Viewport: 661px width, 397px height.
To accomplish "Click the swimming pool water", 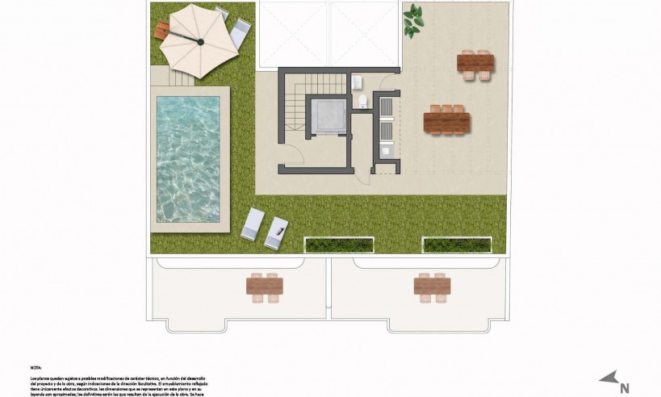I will (x=189, y=158).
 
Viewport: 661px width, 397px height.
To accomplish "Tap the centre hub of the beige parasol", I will (x=196, y=38).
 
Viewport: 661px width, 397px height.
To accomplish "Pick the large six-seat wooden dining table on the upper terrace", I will (x=446, y=122).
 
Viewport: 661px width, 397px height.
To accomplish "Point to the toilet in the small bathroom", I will (x=364, y=101).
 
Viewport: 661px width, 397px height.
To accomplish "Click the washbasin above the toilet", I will (x=358, y=81).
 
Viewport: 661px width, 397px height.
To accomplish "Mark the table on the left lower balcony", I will (x=265, y=286).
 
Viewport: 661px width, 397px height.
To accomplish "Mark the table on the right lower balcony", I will (x=431, y=285).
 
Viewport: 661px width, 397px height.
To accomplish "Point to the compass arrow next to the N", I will (x=609, y=376).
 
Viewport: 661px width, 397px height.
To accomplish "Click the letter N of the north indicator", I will (x=624, y=387).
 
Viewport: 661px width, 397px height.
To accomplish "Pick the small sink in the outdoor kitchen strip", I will (x=385, y=150).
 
